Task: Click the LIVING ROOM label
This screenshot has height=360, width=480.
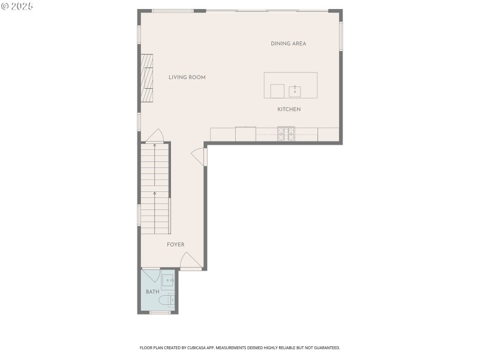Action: tap(187, 77)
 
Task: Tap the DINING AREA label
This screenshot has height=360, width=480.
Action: tap(288, 44)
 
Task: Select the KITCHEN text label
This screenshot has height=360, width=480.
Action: tap(289, 110)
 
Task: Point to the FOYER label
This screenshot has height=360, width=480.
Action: tap(175, 245)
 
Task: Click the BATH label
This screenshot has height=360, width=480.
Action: tap(152, 292)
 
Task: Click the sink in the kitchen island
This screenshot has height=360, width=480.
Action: tap(295, 91)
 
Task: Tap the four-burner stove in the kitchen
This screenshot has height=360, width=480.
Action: tap(286, 133)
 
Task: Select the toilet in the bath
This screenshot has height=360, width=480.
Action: tap(167, 300)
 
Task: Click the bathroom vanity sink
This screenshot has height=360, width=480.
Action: tap(168, 280)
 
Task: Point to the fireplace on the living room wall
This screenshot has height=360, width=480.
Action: tap(147, 78)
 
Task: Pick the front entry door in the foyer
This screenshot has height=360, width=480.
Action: tap(190, 261)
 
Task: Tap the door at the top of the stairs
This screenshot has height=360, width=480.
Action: tap(155, 136)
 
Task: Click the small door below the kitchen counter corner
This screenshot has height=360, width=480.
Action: tap(199, 157)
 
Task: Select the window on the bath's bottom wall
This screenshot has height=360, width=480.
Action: tap(160, 313)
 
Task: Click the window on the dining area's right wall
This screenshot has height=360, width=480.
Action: tap(341, 36)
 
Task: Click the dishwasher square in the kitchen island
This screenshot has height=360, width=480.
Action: tap(277, 91)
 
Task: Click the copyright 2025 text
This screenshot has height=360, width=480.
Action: tap(17, 6)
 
